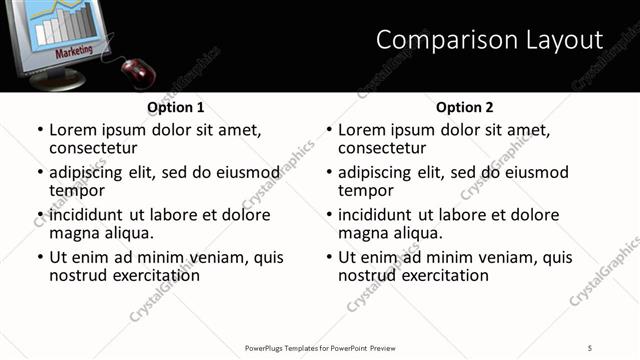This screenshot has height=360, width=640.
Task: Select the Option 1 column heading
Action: tap(175, 107)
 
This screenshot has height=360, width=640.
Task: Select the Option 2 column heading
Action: tap(464, 107)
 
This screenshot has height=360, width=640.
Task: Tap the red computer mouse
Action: tap(138, 71)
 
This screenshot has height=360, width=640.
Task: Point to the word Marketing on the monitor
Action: tap(74, 50)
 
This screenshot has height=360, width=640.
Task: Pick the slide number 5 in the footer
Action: tap(590, 347)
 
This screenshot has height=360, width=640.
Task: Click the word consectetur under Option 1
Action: tap(93, 148)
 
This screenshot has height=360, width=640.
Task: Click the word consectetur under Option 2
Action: tap(382, 148)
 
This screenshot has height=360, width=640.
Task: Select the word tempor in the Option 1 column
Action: tap(77, 190)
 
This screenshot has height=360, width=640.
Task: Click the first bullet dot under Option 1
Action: tap(40, 130)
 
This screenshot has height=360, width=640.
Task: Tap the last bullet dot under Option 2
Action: tap(329, 257)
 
